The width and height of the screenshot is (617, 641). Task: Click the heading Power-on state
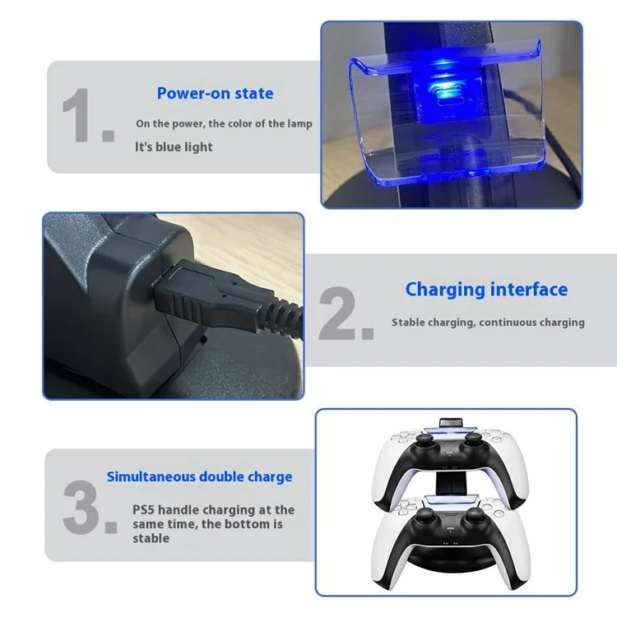point(215,93)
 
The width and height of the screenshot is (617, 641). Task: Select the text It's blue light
point(174,146)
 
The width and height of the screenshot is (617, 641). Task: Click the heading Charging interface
point(486,290)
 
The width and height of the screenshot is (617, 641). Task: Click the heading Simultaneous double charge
point(199,476)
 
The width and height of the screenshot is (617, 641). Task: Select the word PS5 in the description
point(143,510)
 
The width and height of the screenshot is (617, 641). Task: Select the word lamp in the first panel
point(299,124)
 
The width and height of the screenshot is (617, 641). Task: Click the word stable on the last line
point(151,538)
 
